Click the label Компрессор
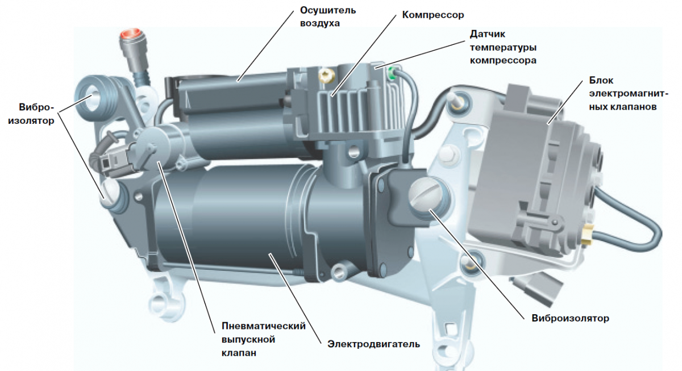433,15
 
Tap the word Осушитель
328,10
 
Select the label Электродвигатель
373,344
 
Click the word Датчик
488,34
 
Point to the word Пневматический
263,326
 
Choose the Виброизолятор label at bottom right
570,318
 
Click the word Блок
601,80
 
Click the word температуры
503,47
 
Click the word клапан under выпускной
239,353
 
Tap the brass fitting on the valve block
585,233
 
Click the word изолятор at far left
31,121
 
